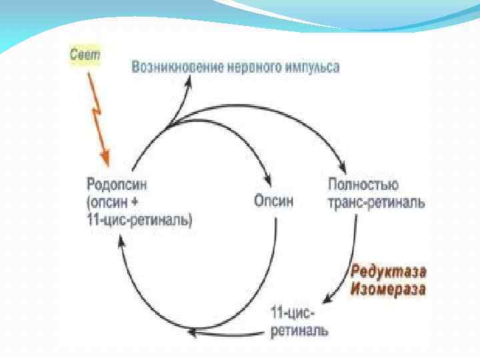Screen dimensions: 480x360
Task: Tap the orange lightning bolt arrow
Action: click(x=96, y=113)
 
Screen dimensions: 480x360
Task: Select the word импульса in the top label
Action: click(x=311, y=67)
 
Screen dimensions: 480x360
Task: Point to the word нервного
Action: click(x=248, y=67)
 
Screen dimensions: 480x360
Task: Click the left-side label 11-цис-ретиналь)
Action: click(x=140, y=219)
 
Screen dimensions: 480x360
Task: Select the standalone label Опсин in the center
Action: click(x=273, y=201)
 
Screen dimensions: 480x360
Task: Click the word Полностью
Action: click(x=363, y=183)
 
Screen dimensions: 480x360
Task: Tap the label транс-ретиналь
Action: click(x=376, y=201)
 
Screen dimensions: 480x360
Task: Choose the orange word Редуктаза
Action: click(x=389, y=272)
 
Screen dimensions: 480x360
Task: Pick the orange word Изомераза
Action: click(x=389, y=289)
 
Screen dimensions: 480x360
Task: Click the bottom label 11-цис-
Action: click(x=293, y=313)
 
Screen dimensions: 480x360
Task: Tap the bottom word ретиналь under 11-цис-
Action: click(x=299, y=330)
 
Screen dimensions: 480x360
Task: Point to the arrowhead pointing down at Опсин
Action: click(x=267, y=183)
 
